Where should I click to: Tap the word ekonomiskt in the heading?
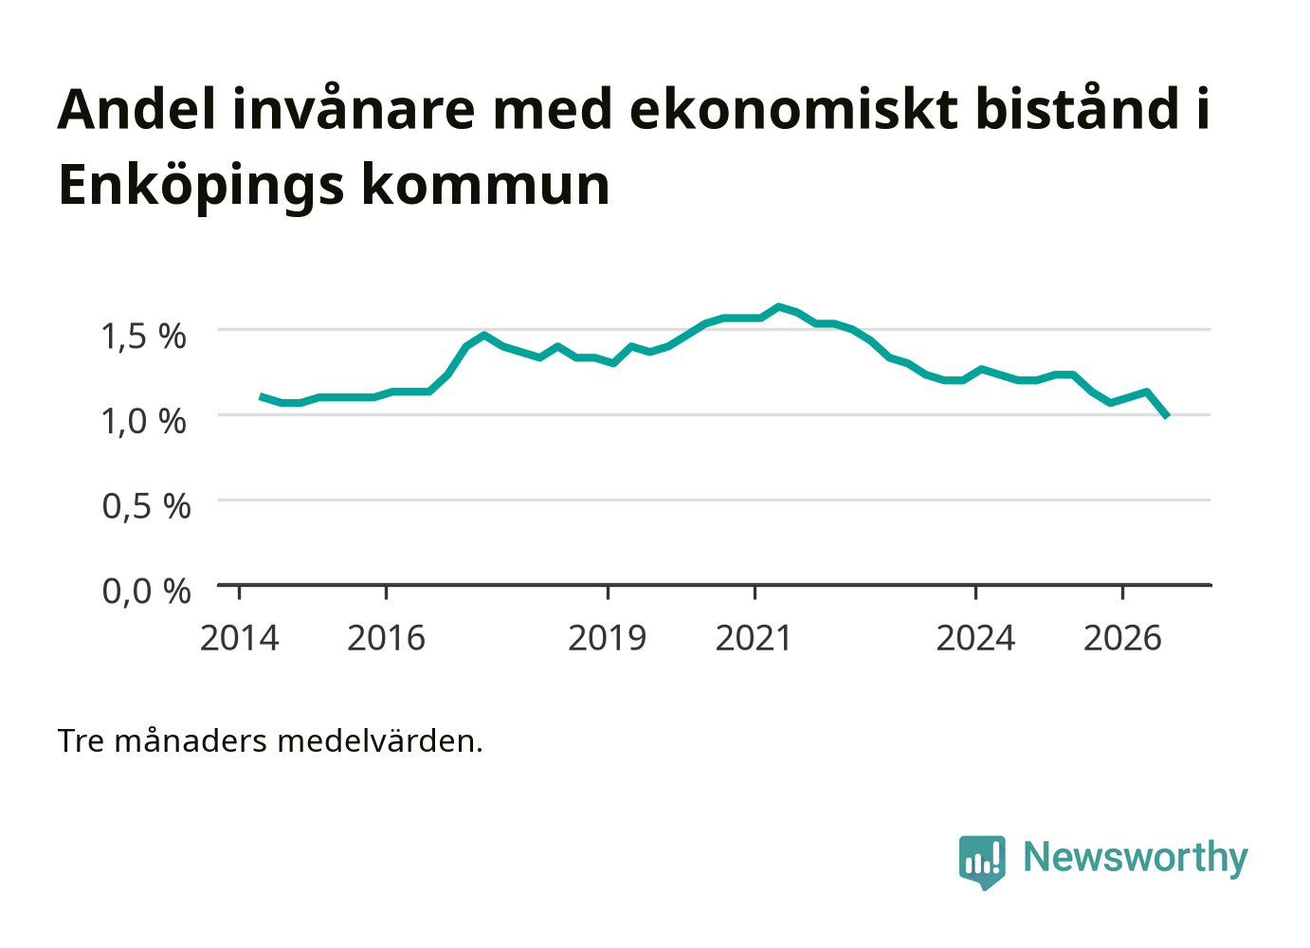coord(793,109)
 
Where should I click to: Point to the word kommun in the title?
coord(485,186)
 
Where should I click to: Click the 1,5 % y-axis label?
coord(144,337)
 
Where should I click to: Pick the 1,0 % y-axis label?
coord(144,421)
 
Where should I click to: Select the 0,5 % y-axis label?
coord(146,506)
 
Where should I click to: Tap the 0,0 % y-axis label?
coord(146,591)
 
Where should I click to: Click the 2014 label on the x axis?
coord(239,638)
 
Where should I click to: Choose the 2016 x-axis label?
coord(386,638)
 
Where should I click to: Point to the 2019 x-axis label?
coord(607,638)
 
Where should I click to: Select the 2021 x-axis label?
coord(754,638)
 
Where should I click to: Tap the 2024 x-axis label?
coord(975,638)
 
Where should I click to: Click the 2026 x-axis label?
coord(1122,638)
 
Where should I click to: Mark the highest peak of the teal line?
coord(778,306)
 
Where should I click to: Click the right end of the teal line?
coord(1167,416)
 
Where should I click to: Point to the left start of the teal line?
coord(261,396)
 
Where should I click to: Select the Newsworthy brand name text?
coord(1136,858)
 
